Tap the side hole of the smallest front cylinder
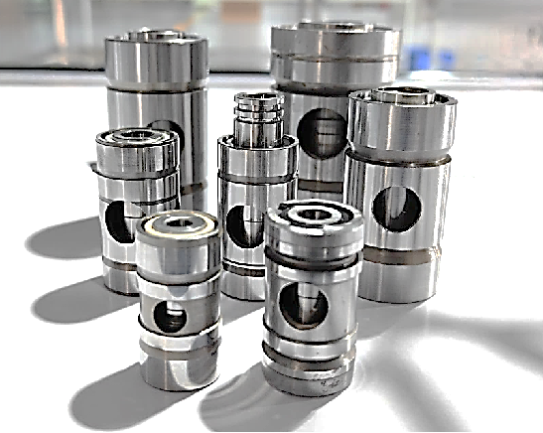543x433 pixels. coord(173,318)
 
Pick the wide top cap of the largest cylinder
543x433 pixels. coord(337,40)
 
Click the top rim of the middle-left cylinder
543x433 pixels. coord(137,139)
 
